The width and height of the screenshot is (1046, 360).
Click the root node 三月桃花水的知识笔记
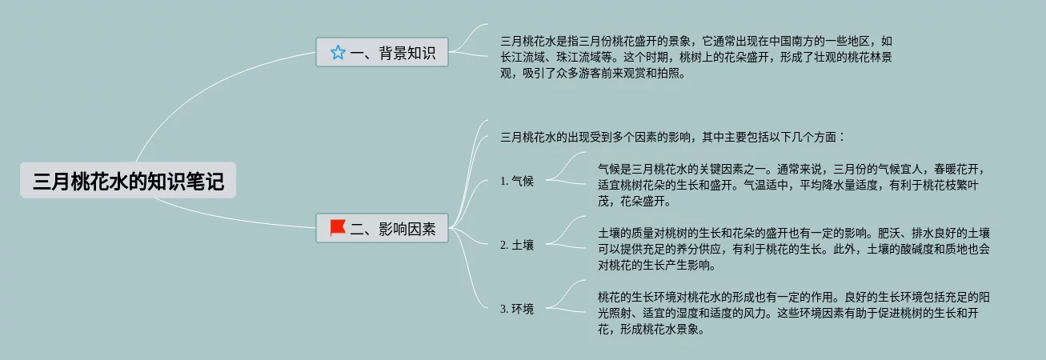tap(128, 182)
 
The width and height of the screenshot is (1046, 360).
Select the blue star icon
tap(338, 53)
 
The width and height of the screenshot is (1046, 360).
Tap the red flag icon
tap(338, 228)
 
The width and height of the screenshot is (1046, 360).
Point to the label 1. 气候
tap(516, 181)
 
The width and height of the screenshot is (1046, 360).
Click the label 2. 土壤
tap(516, 245)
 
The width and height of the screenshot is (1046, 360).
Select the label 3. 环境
tap(516, 309)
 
